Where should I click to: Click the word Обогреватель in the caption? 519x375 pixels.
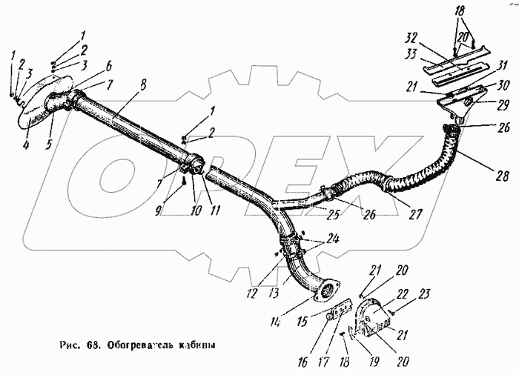(x=141, y=345)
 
